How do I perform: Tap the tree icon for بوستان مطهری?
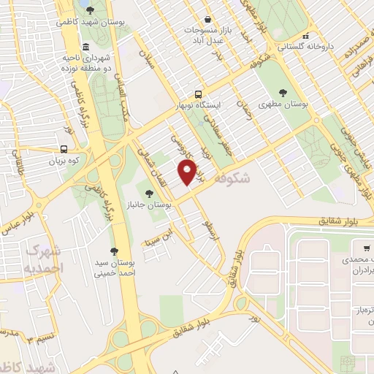coord(283,93)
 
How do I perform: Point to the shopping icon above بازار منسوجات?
coord(208,19)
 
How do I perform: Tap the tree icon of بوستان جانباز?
coord(150,194)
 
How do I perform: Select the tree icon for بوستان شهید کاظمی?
coord(90,10)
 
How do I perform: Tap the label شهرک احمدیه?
coord(42,259)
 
